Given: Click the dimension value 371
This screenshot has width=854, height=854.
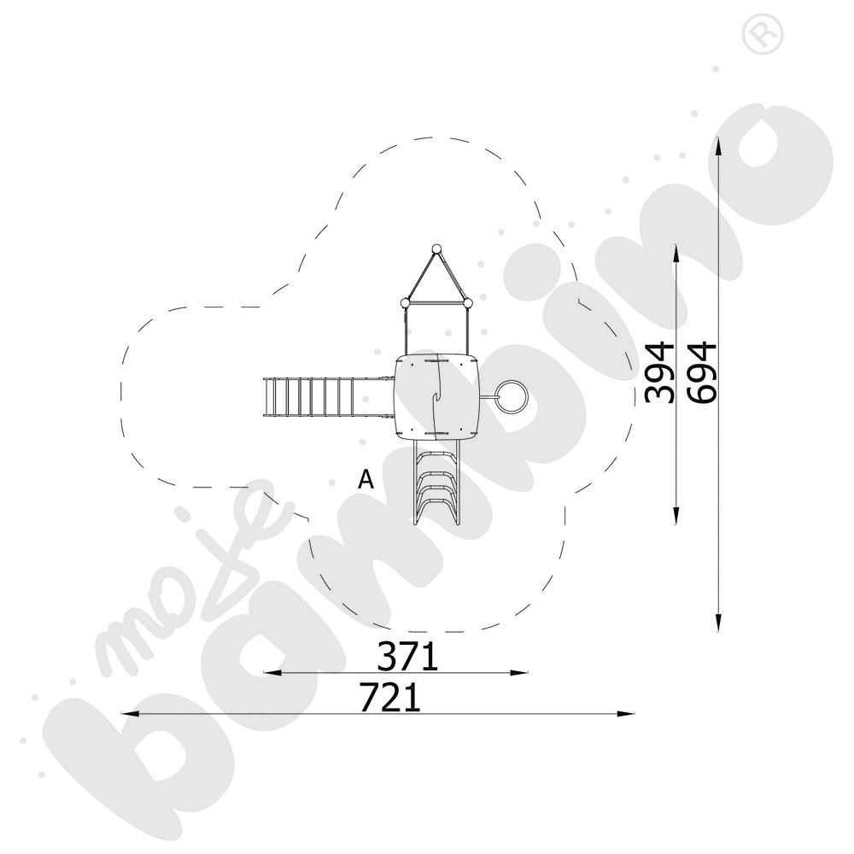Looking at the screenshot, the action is point(407,656).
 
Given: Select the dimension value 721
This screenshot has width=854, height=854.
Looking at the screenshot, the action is point(390,698).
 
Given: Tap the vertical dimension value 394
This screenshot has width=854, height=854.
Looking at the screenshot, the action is point(659,372).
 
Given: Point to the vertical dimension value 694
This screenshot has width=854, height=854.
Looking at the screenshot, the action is point(701,372).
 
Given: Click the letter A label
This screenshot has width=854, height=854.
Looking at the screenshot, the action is point(366,479).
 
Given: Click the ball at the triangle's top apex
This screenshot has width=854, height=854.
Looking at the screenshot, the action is point(436,249).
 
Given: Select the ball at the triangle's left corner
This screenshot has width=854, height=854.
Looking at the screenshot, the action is point(405,303).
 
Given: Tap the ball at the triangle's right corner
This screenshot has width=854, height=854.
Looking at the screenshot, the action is point(467,303).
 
